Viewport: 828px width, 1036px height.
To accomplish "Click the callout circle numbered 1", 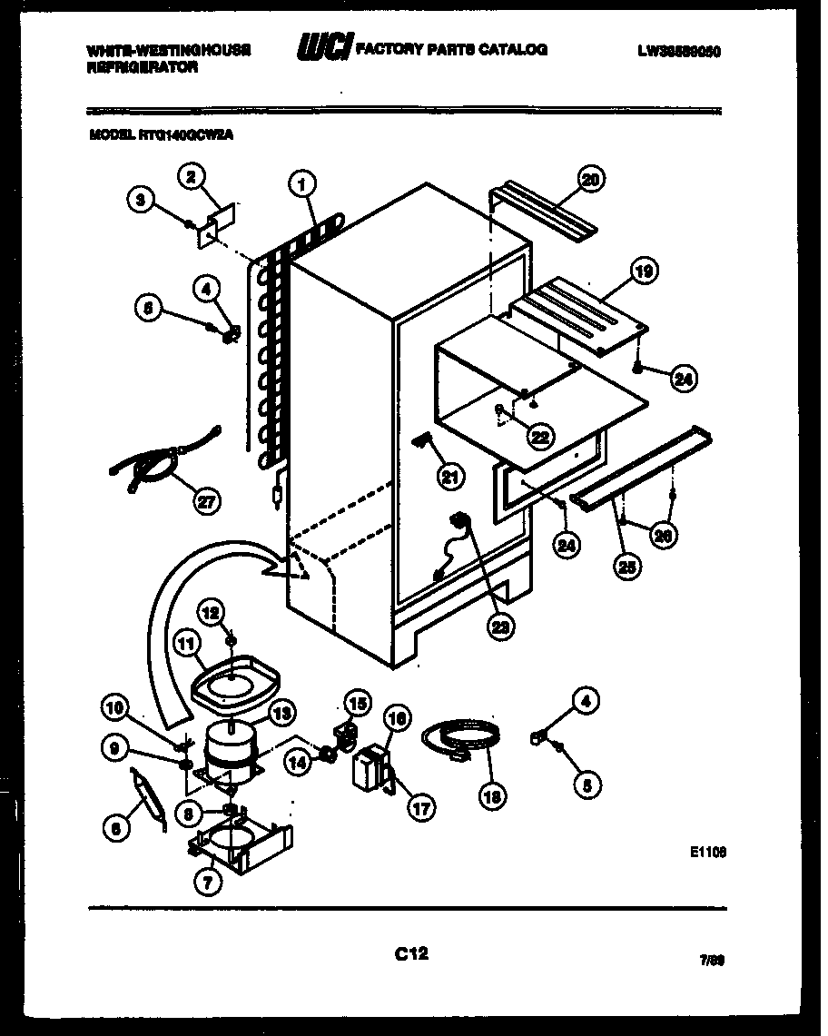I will (302, 185).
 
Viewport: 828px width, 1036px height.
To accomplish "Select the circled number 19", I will (644, 271).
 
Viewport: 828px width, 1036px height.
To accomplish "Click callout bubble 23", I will (498, 626).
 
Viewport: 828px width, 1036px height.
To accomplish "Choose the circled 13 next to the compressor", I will (281, 715).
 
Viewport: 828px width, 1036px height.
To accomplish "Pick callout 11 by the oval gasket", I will (186, 646).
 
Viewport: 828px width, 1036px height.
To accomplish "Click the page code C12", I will (411, 953).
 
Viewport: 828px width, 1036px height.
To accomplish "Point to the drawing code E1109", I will (708, 852).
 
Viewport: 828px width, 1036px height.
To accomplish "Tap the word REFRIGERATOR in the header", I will (143, 67).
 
